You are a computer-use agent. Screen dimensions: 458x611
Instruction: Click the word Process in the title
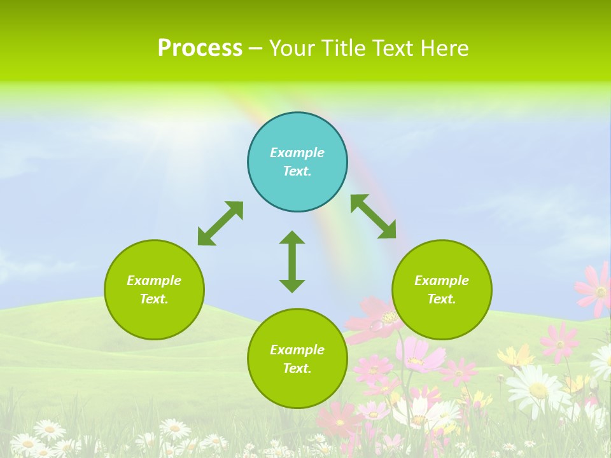(x=200, y=48)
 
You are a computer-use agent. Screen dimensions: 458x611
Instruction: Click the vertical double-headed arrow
(x=292, y=261)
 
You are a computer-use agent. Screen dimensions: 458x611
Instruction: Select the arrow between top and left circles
(x=220, y=223)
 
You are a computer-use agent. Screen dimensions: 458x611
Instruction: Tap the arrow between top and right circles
(x=374, y=216)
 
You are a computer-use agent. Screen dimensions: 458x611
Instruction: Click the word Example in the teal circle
(x=297, y=153)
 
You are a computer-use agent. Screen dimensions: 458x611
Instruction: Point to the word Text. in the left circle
(x=154, y=299)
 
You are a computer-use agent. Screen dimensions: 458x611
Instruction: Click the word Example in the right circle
(x=442, y=281)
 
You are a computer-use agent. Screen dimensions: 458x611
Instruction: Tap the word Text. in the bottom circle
(x=297, y=368)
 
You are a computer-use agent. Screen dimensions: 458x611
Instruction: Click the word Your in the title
(x=293, y=48)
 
